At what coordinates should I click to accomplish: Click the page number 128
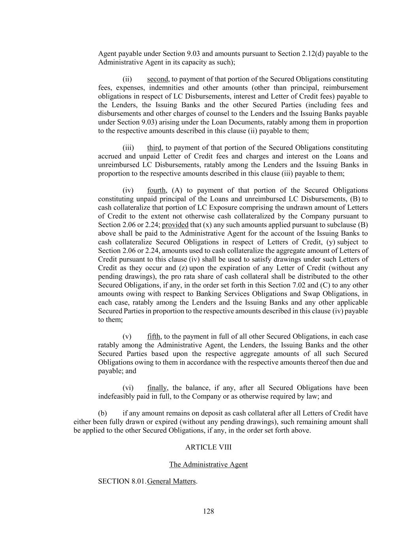(x=208, y=512)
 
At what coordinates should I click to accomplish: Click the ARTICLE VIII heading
(x=208, y=447)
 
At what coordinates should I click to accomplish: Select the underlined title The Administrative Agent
(x=208, y=464)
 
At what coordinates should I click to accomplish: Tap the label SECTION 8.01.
(x=122, y=481)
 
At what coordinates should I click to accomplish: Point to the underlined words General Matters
(x=171, y=481)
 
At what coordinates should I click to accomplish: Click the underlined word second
(x=158, y=79)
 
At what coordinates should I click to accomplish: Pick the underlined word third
(x=154, y=148)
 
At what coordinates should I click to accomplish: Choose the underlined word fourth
(x=157, y=190)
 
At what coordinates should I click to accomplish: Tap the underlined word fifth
(x=154, y=337)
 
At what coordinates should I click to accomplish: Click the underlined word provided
(x=175, y=225)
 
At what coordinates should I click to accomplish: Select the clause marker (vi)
(x=128, y=388)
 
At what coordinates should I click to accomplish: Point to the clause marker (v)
(x=127, y=337)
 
